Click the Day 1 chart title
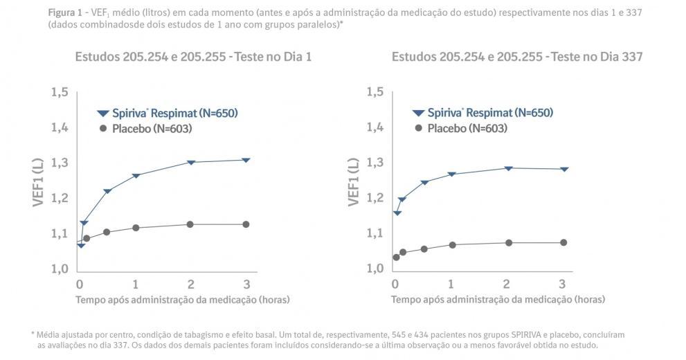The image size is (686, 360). pos(193,57)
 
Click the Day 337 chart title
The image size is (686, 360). pos(517,57)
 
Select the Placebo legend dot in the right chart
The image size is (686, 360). pos(417,129)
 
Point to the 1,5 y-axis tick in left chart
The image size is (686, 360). pos(59,92)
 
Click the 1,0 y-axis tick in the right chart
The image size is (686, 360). pos(374,269)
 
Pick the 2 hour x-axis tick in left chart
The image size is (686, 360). pos(191,284)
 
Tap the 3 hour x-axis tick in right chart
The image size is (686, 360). pos(562,284)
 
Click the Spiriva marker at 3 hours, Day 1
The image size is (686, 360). pos(246,160)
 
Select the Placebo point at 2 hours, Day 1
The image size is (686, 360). pos(190,224)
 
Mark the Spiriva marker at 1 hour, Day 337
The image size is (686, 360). pos(451,174)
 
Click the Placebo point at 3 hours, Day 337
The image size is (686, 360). pos(563,242)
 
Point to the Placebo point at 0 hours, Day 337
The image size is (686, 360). pos(396,257)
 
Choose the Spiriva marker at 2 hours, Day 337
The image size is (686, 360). pos(508,168)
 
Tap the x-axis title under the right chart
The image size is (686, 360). pos(498,300)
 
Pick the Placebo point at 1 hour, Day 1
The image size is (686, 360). pos(136,228)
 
